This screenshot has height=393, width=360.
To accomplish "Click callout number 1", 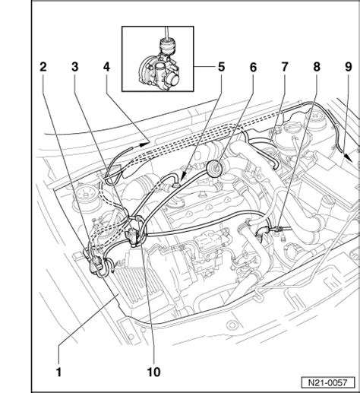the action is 58,372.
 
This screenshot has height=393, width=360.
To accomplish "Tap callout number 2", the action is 43,67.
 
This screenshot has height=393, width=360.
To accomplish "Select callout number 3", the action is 75,67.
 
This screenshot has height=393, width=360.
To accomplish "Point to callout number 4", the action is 106,67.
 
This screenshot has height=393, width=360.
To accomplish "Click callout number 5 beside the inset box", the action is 221,67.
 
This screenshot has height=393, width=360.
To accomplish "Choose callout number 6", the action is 253,67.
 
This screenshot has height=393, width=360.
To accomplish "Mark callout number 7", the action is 285,67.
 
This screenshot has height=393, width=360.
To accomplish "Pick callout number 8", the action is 317,67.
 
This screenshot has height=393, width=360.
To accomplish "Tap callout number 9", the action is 349,67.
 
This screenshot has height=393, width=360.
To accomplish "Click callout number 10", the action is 153,372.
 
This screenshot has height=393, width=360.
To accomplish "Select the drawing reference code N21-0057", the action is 328,382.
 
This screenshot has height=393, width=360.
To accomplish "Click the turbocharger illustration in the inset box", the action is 159,67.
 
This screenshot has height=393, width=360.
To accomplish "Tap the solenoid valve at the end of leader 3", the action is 133,235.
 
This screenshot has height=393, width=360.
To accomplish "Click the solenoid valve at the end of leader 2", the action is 96,264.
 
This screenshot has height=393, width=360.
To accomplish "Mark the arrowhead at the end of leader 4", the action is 144,144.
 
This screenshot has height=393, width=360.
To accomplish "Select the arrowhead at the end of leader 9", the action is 348,157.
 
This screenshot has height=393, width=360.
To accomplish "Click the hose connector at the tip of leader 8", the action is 277,229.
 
